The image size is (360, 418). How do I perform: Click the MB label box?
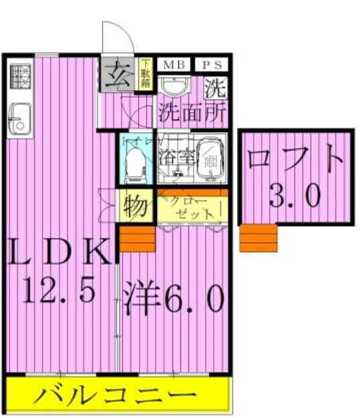point(175,65)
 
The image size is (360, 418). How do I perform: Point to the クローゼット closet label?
point(194,208)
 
